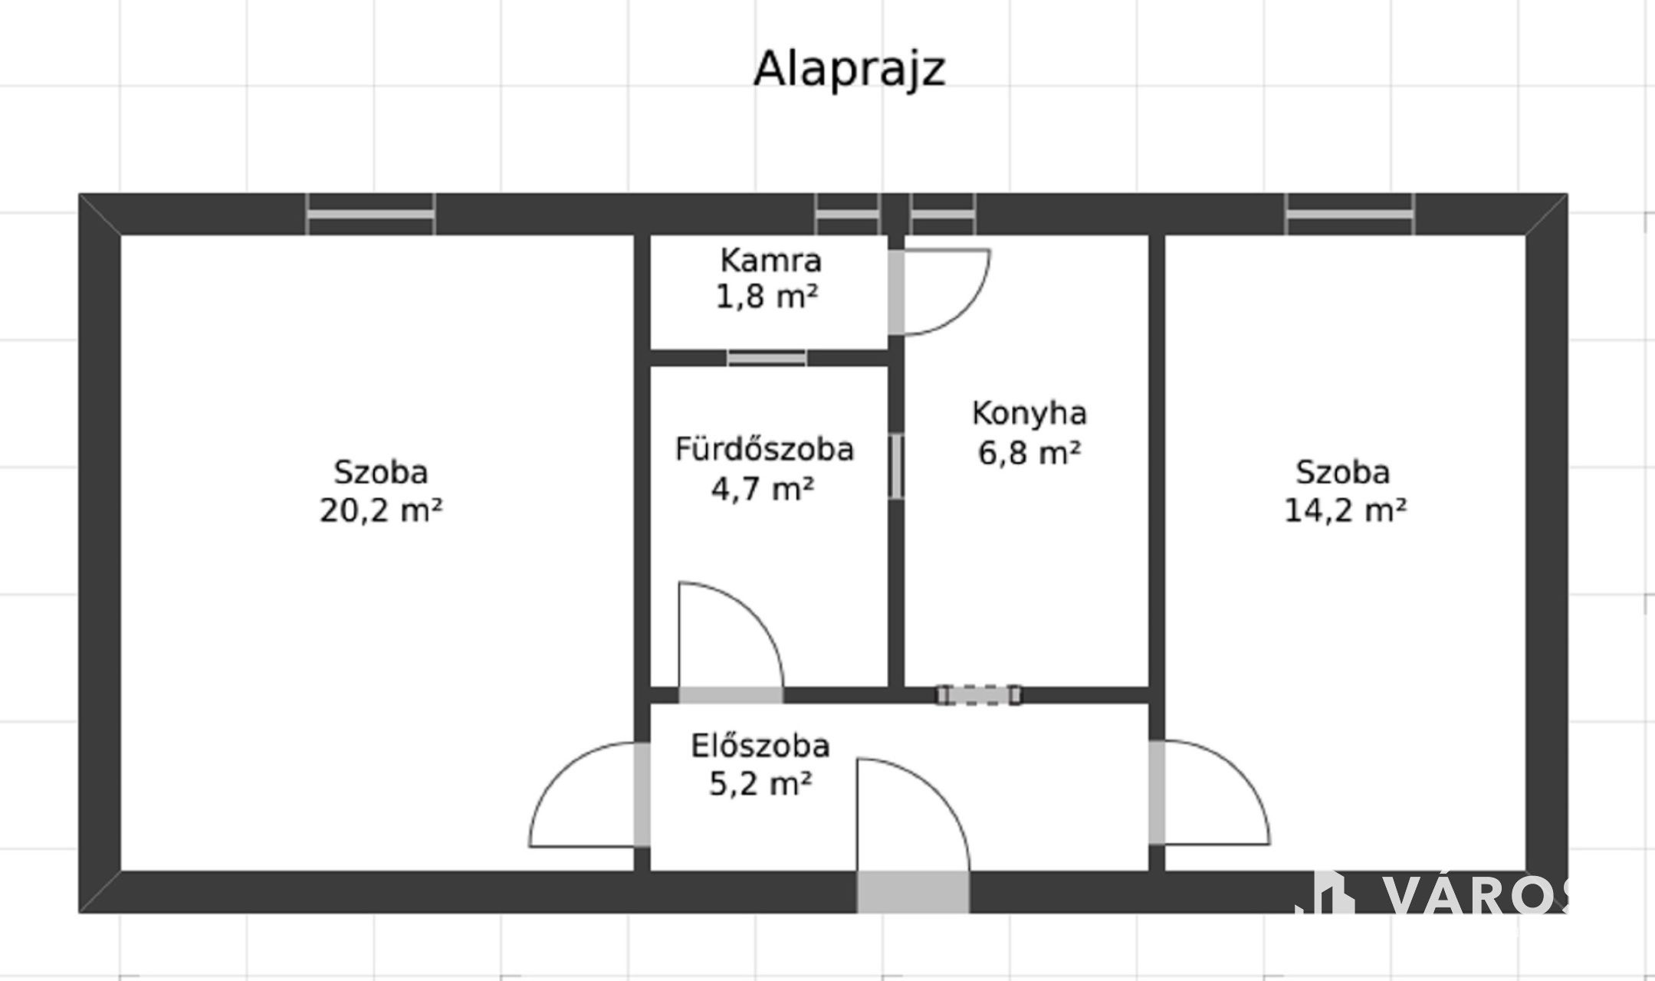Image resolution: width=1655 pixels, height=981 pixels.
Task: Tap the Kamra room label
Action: click(x=770, y=261)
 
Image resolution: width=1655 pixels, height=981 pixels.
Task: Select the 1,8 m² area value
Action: click(x=767, y=296)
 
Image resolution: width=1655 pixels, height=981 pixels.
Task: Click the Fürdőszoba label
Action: click(x=764, y=448)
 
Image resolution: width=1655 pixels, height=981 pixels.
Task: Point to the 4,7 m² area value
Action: click(x=763, y=487)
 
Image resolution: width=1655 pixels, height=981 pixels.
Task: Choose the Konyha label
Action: click(x=1029, y=413)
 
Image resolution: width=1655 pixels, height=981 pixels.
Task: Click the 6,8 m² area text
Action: click(x=1029, y=452)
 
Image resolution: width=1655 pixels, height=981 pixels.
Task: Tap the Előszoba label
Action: click(x=760, y=746)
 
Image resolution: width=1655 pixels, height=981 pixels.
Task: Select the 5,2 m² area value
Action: click(x=760, y=784)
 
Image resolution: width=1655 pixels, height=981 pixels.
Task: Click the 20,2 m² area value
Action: click(x=381, y=510)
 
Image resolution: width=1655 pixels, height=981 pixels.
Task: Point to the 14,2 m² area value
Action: click(x=1345, y=510)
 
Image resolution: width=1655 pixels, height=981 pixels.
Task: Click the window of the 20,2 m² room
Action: click(x=371, y=214)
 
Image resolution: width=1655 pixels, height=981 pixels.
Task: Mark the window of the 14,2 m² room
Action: click(x=1350, y=214)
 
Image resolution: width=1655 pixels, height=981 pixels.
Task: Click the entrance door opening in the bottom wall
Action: click(x=912, y=891)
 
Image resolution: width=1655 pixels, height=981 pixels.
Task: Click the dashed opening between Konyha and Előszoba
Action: click(x=979, y=695)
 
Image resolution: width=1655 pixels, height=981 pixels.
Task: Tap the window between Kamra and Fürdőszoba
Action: click(x=767, y=358)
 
